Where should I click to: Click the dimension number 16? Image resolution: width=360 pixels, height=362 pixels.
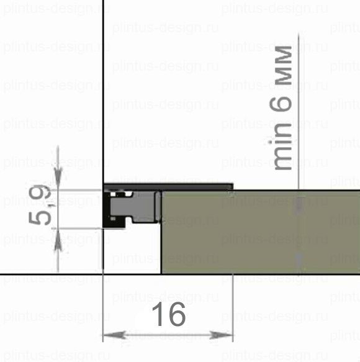point(169,314)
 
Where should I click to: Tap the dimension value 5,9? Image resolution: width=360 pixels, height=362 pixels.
point(40,205)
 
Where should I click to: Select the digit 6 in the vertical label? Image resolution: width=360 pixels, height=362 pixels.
point(281,104)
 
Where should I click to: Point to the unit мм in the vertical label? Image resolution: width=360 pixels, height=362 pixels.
point(284,65)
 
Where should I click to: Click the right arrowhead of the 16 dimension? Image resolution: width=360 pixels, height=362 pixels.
point(221,335)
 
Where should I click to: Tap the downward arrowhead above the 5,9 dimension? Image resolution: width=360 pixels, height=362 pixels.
point(58,176)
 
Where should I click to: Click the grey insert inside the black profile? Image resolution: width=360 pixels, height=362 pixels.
point(134,207)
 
